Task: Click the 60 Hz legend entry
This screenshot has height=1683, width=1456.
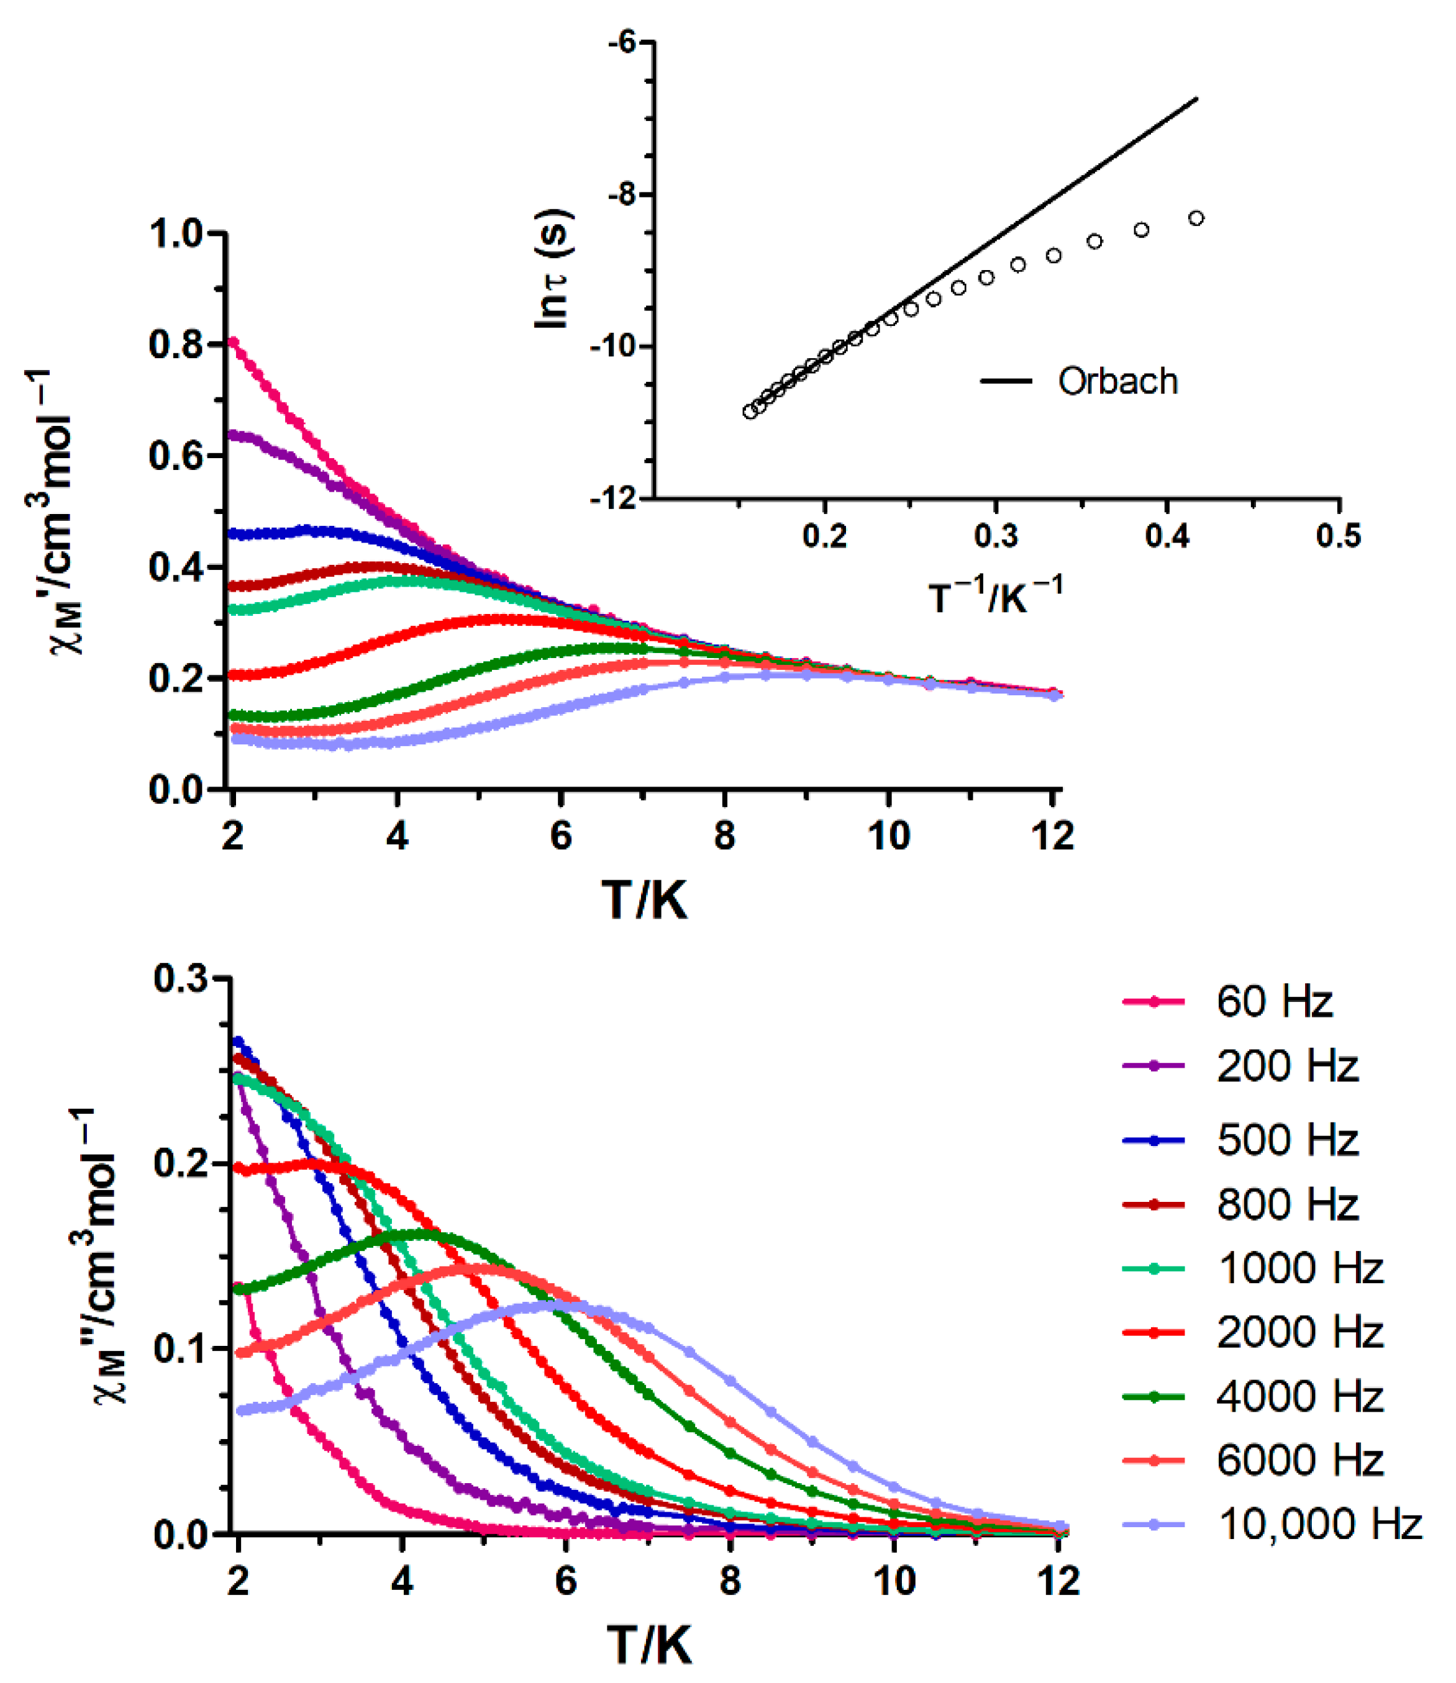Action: click(x=1273, y=1001)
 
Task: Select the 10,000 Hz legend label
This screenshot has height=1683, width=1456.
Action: click(x=1319, y=1524)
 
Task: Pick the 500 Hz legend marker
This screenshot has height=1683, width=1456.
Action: click(x=1153, y=1140)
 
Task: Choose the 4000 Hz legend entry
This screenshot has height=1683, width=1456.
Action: click(x=1298, y=1396)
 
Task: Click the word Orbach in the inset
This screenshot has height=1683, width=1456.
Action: click(x=1117, y=381)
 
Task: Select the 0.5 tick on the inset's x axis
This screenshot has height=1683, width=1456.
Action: click(x=1338, y=536)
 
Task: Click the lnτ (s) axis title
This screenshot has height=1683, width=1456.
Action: click(x=552, y=269)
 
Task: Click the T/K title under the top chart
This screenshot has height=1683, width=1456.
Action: click(x=644, y=900)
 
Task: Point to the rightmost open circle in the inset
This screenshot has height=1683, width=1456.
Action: click(x=1196, y=219)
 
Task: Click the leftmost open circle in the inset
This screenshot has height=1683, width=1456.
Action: click(x=750, y=412)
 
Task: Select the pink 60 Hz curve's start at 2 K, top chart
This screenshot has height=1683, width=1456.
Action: click(x=233, y=341)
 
